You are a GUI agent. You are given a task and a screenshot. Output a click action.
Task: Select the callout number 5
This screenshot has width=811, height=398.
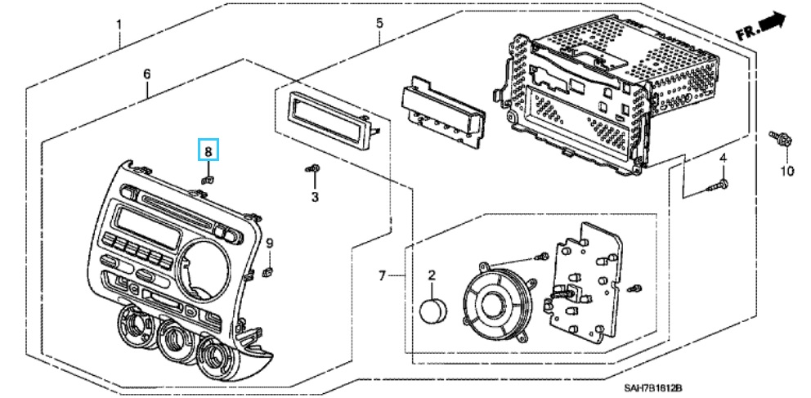(x=379, y=23)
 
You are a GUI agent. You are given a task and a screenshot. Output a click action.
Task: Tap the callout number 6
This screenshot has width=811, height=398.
(x=147, y=74)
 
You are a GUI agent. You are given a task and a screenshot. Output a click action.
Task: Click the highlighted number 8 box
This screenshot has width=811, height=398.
(x=208, y=150)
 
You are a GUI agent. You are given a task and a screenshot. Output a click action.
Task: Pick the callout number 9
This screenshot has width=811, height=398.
(x=269, y=243)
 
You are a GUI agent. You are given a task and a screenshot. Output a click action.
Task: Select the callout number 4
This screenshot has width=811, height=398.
(x=723, y=157)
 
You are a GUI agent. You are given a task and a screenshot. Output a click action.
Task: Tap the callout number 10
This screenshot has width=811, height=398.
(x=786, y=171)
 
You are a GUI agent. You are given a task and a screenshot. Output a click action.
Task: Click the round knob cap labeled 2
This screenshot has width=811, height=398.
(x=434, y=311)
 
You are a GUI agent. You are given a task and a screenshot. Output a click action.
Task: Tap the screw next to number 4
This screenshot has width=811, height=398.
(x=717, y=187)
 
